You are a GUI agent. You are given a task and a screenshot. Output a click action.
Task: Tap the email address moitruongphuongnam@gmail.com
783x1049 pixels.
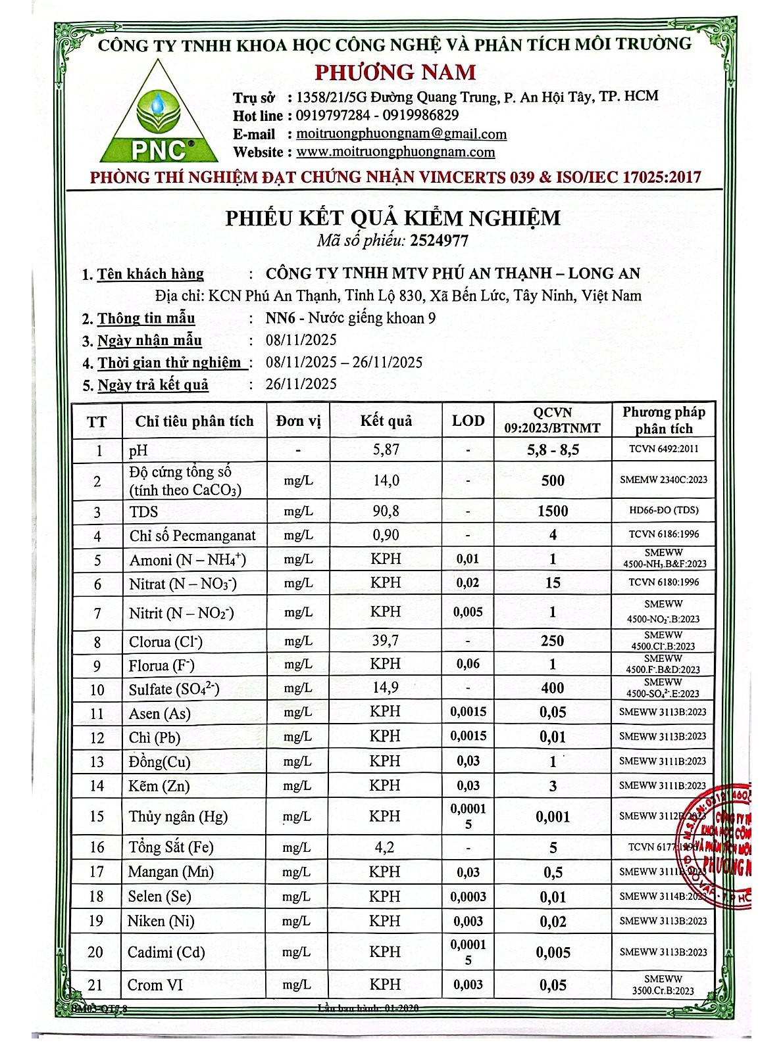(x=401, y=134)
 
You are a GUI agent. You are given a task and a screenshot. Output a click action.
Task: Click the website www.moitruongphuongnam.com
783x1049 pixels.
(x=395, y=152)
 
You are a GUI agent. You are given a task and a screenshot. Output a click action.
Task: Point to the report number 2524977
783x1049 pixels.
(x=439, y=241)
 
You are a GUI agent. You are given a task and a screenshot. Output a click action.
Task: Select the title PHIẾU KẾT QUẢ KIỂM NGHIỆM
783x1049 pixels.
(x=393, y=218)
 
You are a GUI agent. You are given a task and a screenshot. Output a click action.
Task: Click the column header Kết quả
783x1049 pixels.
(x=386, y=421)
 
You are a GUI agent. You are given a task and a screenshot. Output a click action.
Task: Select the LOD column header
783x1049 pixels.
(x=468, y=421)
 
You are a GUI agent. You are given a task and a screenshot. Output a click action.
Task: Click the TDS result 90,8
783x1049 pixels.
(x=386, y=511)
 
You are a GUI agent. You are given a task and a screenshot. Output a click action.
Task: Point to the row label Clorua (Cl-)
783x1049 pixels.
(x=165, y=641)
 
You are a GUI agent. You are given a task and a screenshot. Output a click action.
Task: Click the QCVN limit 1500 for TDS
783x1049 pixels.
(x=553, y=511)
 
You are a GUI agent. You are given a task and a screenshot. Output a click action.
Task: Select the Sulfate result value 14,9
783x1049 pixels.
(x=386, y=688)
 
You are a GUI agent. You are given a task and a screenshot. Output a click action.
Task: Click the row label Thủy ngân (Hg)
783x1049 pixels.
(x=178, y=816)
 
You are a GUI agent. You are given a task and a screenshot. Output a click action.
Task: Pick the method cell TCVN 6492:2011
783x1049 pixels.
(x=663, y=450)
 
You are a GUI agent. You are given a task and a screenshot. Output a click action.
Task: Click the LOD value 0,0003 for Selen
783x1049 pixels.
(x=468, y=897)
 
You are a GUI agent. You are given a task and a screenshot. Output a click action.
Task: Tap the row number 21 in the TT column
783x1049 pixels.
(x=96, y=985)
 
